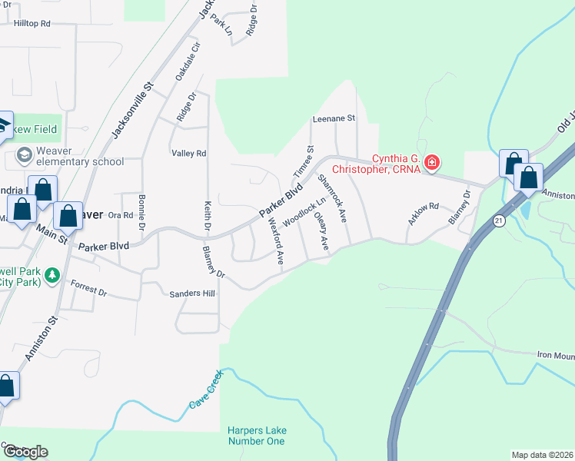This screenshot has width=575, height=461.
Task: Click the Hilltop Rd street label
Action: [32, 24]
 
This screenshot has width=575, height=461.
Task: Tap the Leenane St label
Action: [334, 119]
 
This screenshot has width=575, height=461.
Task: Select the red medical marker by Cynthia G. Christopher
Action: [432, 162]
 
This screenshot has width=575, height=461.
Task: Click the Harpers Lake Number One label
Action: [256, 436]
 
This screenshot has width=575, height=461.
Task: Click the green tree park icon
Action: [52, 274]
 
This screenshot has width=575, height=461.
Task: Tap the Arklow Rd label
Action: [423, 207]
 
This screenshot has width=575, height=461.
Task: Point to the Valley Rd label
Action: [189, 154]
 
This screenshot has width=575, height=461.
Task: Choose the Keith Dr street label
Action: [207, 217]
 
